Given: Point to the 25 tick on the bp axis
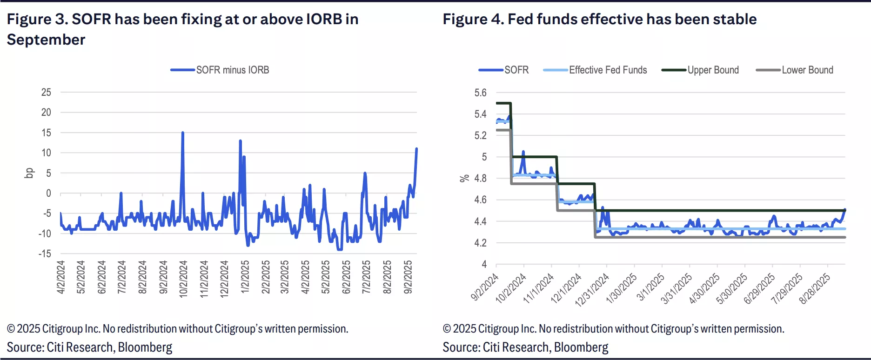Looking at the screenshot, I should coord(46,93).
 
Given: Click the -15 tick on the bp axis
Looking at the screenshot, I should coord(45,254).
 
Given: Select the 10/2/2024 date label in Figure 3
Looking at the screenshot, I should coord(183,279).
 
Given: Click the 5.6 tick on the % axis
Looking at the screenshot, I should coord(480,93).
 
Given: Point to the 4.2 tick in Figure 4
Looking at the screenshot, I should coord(480,243).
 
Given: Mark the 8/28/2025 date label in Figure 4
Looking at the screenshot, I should coord(814,289).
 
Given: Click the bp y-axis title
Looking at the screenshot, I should coord(29,173).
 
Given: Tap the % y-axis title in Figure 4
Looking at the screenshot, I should coord(464,178).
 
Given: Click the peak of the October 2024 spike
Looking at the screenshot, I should coord(182,133).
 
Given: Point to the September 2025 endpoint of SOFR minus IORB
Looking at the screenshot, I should coord(416,149).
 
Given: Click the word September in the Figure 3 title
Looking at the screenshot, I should coord(46,40).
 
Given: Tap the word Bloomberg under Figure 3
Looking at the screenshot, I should coord(145,347).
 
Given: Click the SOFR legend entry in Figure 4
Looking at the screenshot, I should coord(516,70).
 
